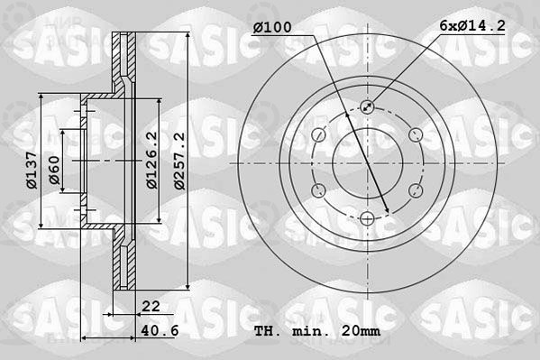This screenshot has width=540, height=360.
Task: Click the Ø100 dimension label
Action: click(272, 27)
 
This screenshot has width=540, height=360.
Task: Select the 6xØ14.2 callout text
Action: click(472, 25)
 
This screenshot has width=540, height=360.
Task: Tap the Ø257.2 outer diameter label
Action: click(179, 161)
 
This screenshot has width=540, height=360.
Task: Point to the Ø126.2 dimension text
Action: click(151, 160)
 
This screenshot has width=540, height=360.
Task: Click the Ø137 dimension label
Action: click(32, 170)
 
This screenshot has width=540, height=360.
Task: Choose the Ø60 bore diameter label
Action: click(54, 170)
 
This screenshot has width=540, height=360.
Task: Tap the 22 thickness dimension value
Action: click(151, 306)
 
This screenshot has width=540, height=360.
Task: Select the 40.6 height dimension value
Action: click(160, 330)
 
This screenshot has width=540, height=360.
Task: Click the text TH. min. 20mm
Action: click(317, 331)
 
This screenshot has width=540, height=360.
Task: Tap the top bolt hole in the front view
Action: click(368, 106)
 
